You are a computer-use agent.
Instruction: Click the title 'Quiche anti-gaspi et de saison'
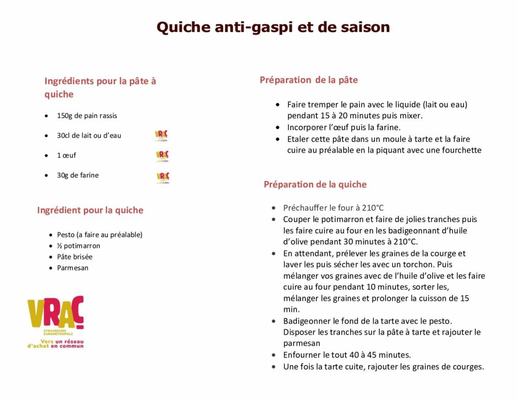(273, 27)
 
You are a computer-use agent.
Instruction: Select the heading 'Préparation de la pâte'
(309, 80)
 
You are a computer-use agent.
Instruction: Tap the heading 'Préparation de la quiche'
(315, 185)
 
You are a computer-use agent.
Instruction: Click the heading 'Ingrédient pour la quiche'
(90, 210)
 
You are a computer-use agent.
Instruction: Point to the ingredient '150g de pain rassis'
(87, 116)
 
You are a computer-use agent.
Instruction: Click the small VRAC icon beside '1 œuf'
(162, 156)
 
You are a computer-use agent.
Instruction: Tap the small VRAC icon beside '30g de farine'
(163, 176)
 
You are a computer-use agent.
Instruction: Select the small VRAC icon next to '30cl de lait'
(161, 135)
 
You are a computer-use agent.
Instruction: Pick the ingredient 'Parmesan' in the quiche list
(72, 268)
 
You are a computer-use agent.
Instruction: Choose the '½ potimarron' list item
(78, 246)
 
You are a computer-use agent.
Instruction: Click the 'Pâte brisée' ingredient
(74, 257)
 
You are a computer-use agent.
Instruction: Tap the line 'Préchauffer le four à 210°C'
(333, 208)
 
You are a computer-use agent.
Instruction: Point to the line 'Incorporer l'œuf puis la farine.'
(343, 127)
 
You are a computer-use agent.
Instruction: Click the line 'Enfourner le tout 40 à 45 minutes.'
(347, 355)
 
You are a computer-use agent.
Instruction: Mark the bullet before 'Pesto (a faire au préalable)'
(51, 235)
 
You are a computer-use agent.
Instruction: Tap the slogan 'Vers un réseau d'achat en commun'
(55, 343)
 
